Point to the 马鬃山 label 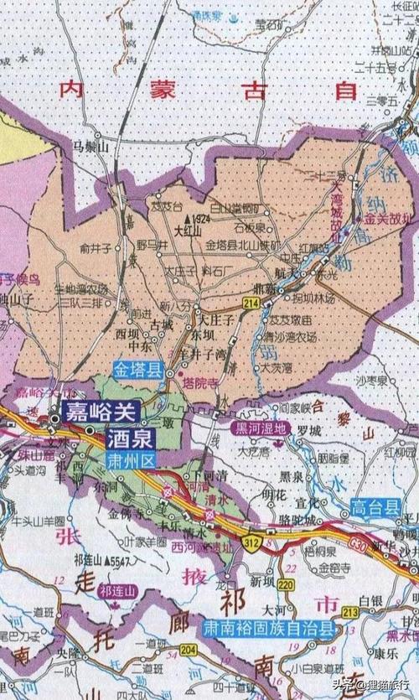tap(91, 147)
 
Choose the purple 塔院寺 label tap(198, 381)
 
